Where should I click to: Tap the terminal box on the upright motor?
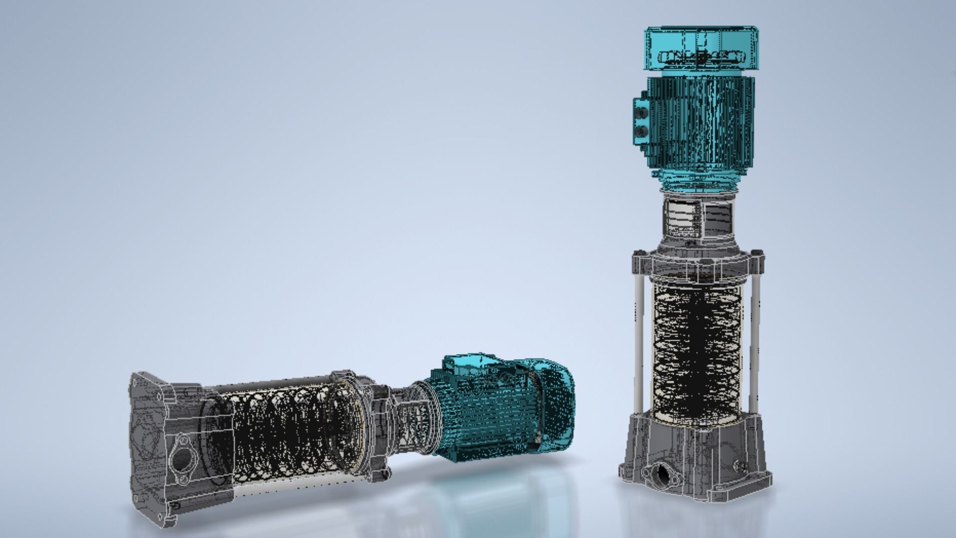(640, 121)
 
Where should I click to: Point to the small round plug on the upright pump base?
(738, 466)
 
